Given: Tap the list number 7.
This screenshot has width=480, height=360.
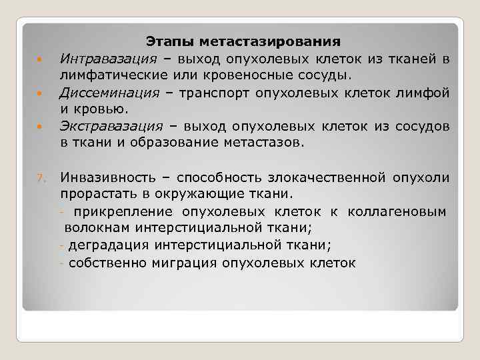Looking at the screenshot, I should (x=40, y=178).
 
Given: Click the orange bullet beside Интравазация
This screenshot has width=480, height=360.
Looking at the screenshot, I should (x=40, y=60).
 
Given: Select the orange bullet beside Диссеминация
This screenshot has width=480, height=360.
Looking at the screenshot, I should (x=40, y=93).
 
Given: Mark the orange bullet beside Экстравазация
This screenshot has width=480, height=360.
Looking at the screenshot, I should (x=40, y=126).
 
